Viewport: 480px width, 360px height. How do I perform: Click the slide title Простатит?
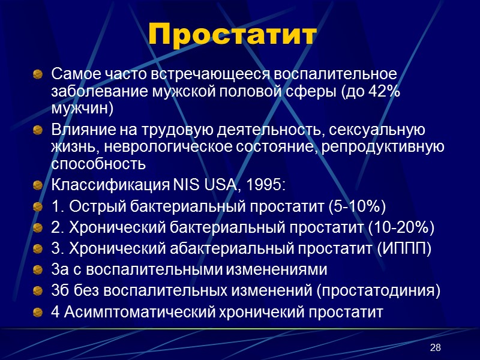tap(232, 35)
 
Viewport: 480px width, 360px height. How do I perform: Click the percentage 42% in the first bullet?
tap(385, 94)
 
